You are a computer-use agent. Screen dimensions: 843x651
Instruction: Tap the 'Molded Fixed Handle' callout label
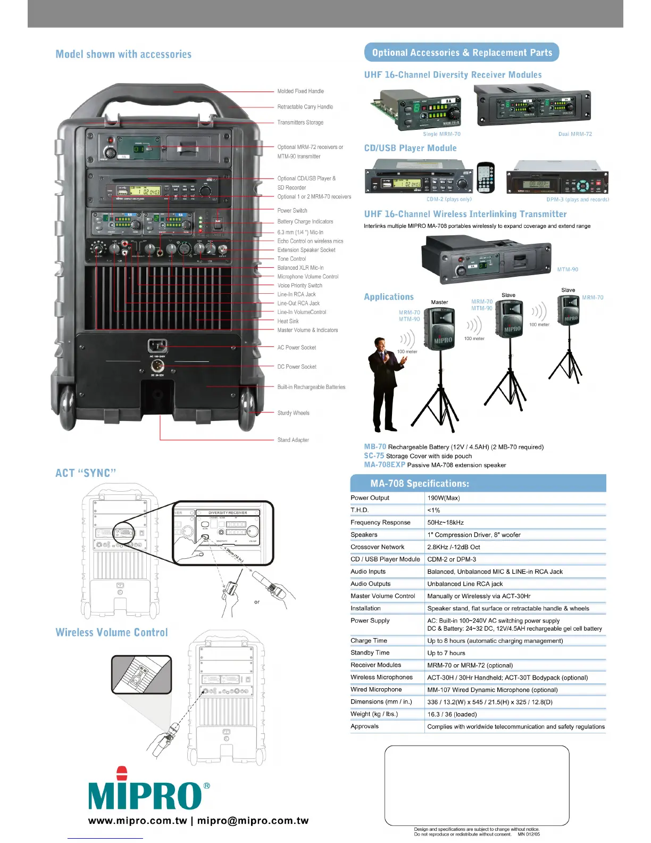(301, 92)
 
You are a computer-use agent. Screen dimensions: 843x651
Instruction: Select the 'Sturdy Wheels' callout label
(293, 413)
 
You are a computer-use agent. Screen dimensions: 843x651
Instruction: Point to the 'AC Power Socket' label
(296, 348)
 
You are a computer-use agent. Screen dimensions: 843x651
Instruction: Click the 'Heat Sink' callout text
(288, 321)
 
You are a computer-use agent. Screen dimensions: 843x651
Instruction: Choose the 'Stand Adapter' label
(293, 440)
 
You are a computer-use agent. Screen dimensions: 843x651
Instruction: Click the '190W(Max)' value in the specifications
(444, 498)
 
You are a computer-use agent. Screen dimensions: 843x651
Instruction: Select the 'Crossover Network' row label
(377, 547)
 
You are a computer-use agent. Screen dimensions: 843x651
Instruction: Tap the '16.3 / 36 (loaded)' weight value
(452, 714)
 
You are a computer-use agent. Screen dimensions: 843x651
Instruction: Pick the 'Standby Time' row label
(370, 653)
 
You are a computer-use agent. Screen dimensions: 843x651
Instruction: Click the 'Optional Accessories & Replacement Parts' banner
(462, 53)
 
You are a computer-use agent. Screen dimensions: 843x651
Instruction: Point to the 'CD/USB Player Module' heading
(410, 148)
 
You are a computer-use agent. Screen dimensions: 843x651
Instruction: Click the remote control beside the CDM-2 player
(486, 178)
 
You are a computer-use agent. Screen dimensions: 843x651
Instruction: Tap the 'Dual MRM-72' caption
(575, 134)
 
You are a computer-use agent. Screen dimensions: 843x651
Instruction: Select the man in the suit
(385, 383)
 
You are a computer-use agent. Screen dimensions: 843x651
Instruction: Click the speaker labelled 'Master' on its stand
(440, 330)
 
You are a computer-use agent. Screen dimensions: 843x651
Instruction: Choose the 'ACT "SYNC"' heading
(86, 473)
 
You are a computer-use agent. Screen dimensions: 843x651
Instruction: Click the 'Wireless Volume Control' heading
(112, 633)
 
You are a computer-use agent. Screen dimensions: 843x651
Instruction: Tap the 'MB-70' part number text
(375, 447)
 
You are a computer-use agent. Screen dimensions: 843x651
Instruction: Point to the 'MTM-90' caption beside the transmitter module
(567, 270)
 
